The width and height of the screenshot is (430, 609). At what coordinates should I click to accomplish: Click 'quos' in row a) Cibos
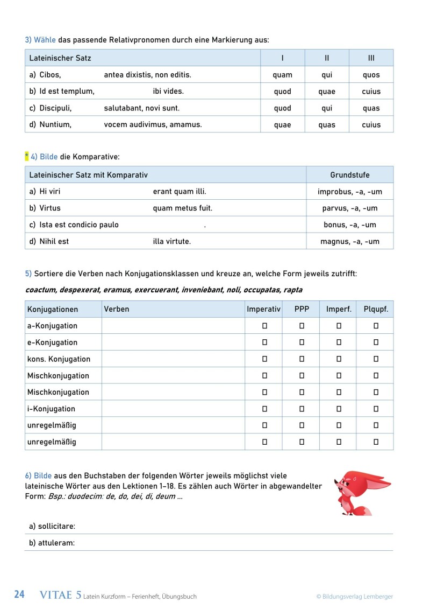371,75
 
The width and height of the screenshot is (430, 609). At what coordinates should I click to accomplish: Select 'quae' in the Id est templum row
326,92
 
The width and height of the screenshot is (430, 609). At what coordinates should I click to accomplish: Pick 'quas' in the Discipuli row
371,108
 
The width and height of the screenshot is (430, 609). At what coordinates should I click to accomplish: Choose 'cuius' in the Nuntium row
371,125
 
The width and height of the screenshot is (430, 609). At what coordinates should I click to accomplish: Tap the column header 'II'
326,58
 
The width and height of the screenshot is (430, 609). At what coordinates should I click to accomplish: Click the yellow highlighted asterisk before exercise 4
26,157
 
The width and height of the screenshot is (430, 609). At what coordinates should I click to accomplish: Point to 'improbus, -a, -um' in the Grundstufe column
349,192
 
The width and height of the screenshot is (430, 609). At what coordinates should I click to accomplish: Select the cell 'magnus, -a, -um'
349,241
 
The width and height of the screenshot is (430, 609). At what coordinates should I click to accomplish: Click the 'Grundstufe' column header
349,175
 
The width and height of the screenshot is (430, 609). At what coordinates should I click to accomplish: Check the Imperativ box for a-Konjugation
264,326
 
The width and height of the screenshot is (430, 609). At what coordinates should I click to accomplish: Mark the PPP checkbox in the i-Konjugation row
302,409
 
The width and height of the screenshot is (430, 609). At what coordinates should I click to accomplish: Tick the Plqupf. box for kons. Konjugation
376,359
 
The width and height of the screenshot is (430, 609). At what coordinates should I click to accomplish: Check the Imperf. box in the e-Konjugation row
339,342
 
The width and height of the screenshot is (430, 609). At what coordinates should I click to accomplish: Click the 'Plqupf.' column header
376,309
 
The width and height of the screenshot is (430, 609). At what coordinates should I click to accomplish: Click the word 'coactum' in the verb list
41,290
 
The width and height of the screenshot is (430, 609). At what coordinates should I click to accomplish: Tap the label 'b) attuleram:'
52,543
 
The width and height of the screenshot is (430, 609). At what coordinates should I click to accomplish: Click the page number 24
19,595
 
